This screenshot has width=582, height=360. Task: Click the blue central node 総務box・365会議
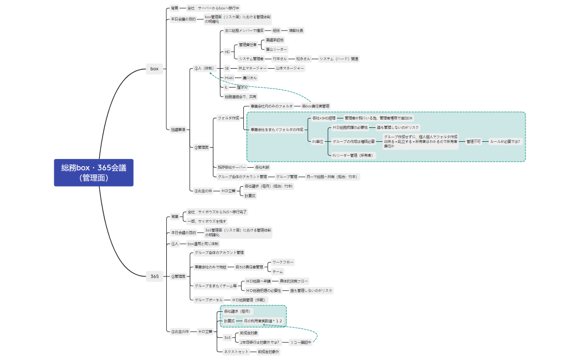[94, 172]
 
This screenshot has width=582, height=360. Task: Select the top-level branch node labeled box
[155, 69]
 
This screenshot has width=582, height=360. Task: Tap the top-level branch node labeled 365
[155, 276]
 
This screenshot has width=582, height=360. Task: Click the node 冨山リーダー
[277, 49]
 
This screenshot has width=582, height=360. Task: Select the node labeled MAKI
[229, 78]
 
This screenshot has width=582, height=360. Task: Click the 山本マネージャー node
[290, 68]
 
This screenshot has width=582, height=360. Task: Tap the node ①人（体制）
[203, 68]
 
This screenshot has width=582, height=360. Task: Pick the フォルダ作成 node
[228, 118]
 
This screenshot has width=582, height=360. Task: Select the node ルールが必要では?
[504, 141]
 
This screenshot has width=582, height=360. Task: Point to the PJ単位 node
[318, 141]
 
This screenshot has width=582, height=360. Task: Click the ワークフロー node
[283, 262]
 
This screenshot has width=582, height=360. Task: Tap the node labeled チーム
[278, 271]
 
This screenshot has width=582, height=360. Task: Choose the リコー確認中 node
[302, 342]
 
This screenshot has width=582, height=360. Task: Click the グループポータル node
[208, 300]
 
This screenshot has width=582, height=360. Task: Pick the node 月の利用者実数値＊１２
[263, 321]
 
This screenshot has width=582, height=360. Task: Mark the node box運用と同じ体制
[203, 243]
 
